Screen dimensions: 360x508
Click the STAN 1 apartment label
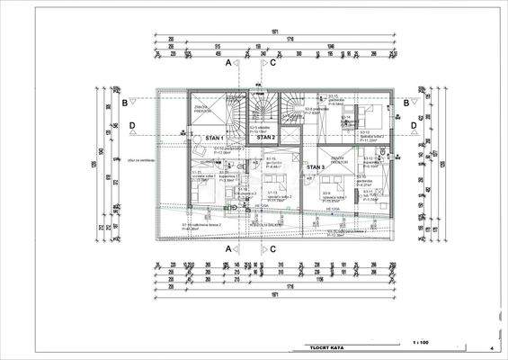tap(214, 138)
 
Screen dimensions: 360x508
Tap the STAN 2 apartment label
tap(266, 138)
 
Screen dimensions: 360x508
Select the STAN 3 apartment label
tap(315, 167)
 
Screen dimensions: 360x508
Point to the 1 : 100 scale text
tap(421, 343)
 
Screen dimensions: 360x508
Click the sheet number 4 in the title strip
tap(492, 346)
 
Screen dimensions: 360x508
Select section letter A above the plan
tap(229, 64)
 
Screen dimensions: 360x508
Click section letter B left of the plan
tap(124, 103)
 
